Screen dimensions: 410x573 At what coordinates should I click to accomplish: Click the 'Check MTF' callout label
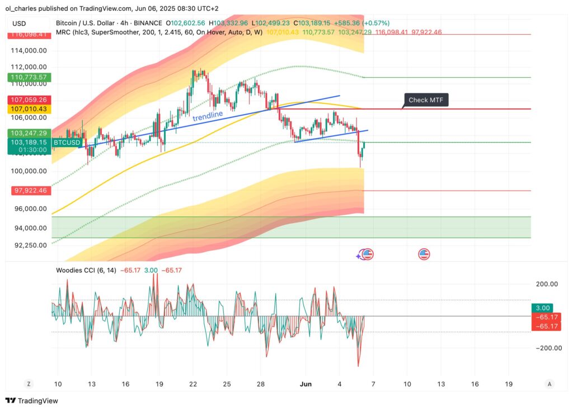tap(426, 100)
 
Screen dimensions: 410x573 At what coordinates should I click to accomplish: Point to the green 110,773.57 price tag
tap(27, 77)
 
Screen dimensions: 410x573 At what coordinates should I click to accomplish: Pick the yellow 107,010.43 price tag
tap(28, 109)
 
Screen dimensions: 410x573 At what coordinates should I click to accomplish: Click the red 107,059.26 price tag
tap(28, 100)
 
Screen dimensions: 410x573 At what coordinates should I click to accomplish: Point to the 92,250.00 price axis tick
tap(31, 245)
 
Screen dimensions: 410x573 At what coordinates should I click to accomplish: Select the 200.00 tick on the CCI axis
tap(547, 284)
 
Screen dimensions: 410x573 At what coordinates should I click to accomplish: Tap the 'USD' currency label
tap(19, 23)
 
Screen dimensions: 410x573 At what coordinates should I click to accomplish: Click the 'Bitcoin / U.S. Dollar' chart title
tap(87, 23)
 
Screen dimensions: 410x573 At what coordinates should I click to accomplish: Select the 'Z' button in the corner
tap(28, 384)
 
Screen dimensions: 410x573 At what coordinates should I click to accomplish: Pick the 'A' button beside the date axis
tap(549, 384)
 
